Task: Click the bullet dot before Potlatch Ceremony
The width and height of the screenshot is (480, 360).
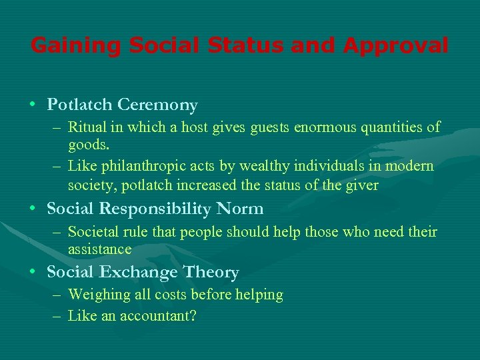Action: [x=33, y=105]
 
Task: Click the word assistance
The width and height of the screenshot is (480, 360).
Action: [x=99, y=249]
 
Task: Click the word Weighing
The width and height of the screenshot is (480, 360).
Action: [x=95, y=295]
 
